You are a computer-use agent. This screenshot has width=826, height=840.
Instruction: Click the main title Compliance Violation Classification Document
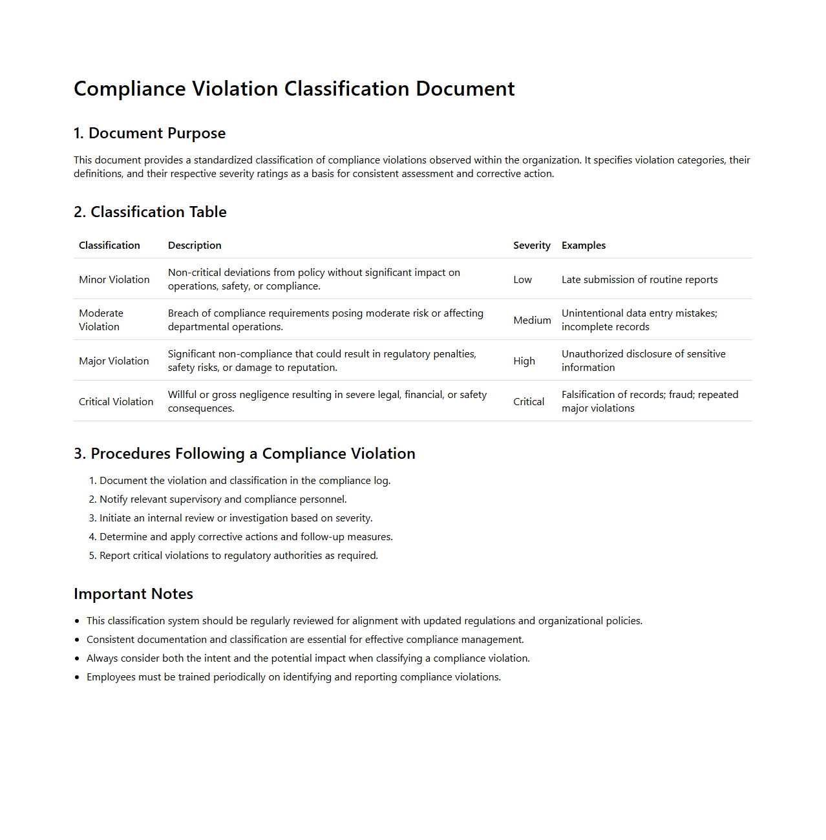click(294, 89)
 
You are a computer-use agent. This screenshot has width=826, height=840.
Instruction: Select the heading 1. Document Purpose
click(149, 133)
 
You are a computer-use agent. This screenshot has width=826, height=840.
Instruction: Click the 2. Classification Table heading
click(150, 212)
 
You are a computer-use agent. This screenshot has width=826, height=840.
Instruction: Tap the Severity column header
click(531, 246)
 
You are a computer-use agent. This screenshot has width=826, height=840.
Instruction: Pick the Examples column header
click(583, 246)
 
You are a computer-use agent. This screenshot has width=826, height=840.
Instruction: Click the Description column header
click(195, 246)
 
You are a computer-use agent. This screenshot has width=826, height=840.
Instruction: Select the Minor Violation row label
click(114, 280)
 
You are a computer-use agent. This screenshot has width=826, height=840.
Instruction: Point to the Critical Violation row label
click(116, 402)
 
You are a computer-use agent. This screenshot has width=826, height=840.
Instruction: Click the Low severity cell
click(522, 280)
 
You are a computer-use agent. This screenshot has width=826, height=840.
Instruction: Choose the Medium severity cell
click(532, 320)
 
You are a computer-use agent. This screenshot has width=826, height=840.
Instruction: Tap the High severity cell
click(524, 361)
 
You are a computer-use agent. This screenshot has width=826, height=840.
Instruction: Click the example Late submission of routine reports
click(639, 280)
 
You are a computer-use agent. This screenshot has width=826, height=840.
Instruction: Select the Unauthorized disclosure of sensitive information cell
click(643, 361)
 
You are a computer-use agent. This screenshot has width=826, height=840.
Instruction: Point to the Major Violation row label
click(114, 361)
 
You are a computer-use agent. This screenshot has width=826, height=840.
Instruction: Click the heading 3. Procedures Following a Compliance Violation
click(244, 454)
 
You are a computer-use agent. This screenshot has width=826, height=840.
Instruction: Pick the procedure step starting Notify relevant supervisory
click(223, 499)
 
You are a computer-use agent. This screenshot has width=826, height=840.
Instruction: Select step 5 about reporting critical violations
click(238, 556)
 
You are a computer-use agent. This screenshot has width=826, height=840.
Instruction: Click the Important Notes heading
click(133, 594)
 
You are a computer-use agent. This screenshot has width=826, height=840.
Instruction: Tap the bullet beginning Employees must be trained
click(293, 677)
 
